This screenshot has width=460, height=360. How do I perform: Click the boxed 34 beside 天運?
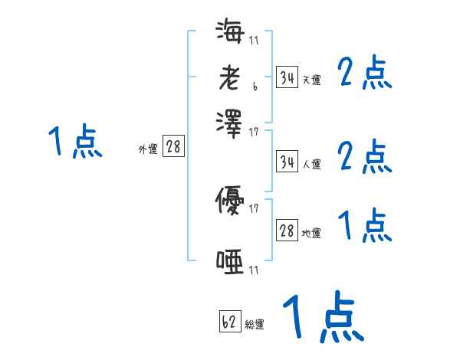pos(287,77)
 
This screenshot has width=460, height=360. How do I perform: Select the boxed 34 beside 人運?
pos(287,162)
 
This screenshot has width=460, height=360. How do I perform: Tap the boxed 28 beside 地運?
pos(287,231)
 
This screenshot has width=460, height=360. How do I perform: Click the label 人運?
pos(312,164)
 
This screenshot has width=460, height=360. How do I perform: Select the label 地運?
pos(312,233)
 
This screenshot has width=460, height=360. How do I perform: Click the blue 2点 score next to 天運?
pos(365,74)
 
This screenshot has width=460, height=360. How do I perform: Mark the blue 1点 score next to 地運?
pos(365,226)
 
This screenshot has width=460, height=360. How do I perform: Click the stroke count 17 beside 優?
pos(254,208)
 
